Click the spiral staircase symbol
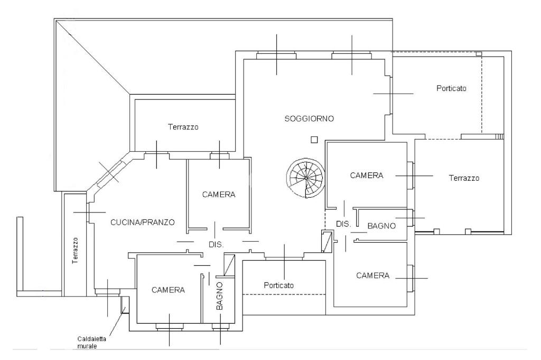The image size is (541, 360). coord(306,178)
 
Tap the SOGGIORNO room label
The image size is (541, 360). coord(309,118)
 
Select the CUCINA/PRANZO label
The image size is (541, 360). coord(142,222)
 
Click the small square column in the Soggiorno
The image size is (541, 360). coord(314,140)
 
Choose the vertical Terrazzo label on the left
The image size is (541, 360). coord(76,250)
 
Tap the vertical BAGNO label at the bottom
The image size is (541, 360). coord(220,296)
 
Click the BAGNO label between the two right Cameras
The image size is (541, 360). coord(381,226)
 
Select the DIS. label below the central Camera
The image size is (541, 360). coord(216,245)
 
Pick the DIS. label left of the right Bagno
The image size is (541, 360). coord(343,224)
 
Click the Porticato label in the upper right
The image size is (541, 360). coord(451,88)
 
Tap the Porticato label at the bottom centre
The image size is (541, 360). coord(278,285)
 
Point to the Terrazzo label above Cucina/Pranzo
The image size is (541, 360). coord(183,127)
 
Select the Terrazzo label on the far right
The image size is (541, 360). coord(464,178)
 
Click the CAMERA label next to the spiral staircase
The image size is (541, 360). coord(366,176)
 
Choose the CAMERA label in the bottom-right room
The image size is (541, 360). coord(372,275)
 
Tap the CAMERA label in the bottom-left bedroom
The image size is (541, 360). coord(168,290)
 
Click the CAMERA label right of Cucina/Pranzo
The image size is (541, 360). coord(219,195)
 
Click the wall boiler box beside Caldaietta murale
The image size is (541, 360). coord(125,305)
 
